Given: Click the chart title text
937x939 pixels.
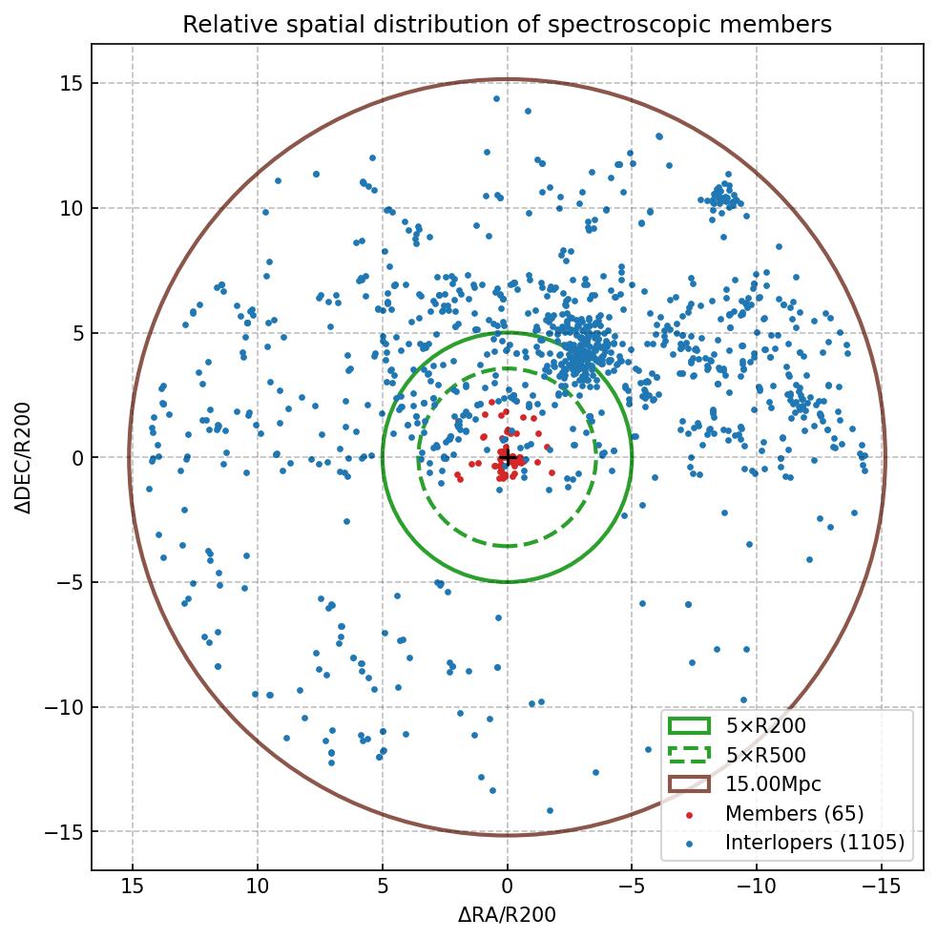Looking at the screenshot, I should (x=507, y=25).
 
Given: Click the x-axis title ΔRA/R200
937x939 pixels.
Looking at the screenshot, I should (x=507, y=915).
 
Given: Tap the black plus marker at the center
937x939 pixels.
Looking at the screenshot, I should (x=508, y=458).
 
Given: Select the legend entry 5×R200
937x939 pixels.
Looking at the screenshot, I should (x=765, y=726).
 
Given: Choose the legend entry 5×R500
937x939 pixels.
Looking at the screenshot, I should (x=765, y=756).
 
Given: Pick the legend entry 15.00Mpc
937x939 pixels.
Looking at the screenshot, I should (x=773, y=784).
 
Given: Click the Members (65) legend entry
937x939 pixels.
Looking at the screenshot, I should (x=794, y=814).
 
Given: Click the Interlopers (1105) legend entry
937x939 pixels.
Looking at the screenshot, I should (x=814, y=843).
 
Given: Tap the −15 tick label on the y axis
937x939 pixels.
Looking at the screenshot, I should (x=63, y=832).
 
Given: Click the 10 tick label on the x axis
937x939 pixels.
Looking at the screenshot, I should (x=258, y=887).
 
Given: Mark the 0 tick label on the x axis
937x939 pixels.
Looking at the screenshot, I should (x=508, y=887).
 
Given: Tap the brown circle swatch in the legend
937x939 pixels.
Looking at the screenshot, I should (x=689, y=784).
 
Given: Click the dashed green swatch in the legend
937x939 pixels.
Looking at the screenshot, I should (x=689, y=756).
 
